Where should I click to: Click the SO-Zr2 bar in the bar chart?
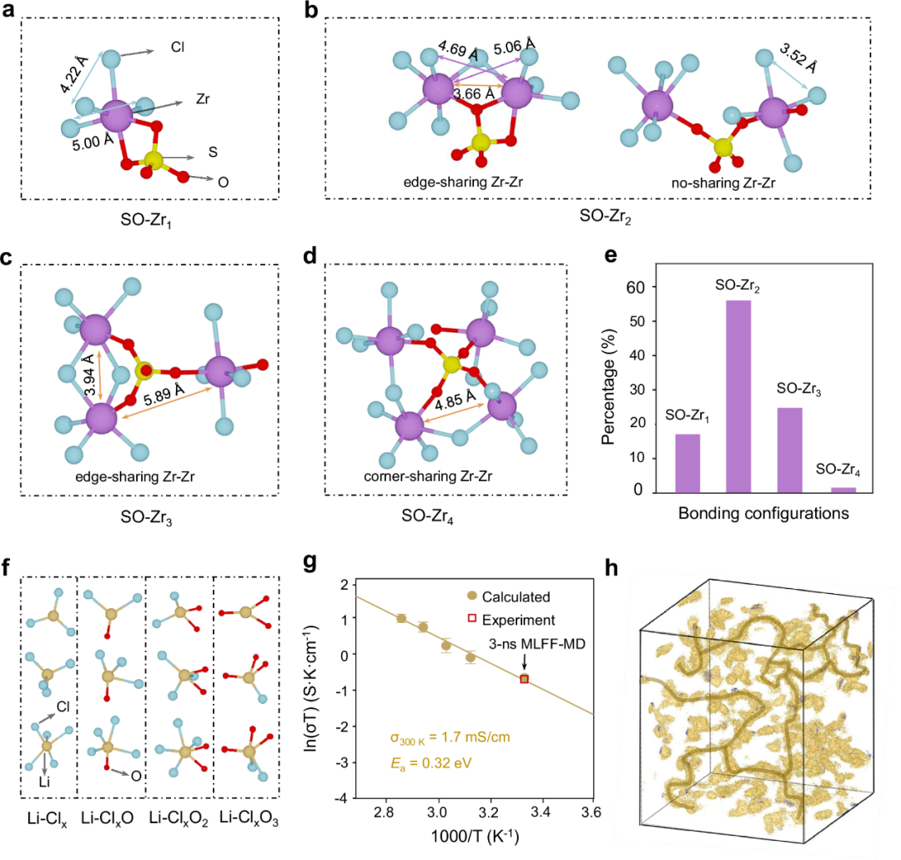click(x=738, y=396)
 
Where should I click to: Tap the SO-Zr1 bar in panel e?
click(x=687, y=464)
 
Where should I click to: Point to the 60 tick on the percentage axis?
click(x=636, y=287)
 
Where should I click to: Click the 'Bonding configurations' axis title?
click(x=763, y=513)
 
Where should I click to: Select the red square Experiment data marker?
click(x=524, y=679)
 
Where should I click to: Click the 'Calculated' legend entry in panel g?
click(x=509, y=597)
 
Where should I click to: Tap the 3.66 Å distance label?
click(x=474, y=93)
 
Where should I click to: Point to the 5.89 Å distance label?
click(x=164, y=396)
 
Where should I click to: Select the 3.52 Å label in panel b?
click(x=798, y=58)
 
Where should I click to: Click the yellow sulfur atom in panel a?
click(x=154, y=160)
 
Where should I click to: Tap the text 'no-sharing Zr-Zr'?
click(x=722, y=184)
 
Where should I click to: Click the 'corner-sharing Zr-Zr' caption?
click(x=427, y=476)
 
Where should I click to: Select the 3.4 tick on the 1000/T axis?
click(x=541, y=812)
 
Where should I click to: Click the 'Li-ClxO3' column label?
click(x=249, y=818)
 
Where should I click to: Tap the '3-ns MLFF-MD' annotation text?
click(x=537, y=644)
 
